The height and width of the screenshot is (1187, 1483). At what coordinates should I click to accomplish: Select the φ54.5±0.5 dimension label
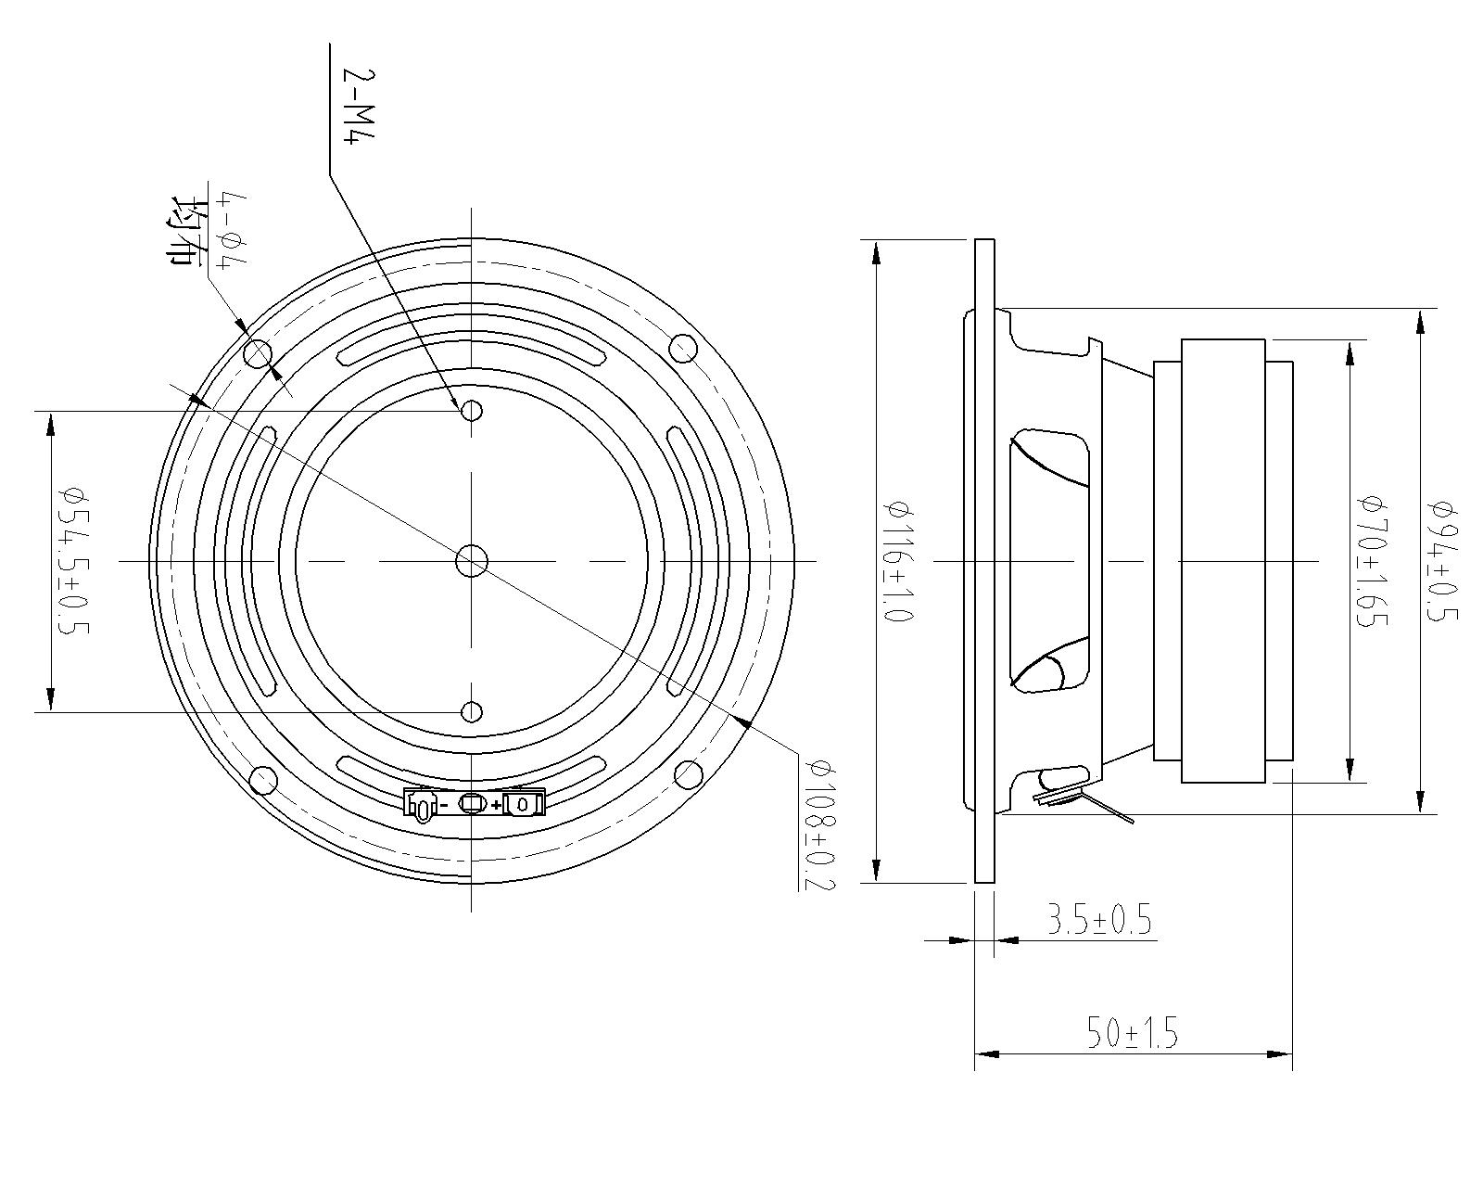72,560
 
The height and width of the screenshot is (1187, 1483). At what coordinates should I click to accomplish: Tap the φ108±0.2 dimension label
819,824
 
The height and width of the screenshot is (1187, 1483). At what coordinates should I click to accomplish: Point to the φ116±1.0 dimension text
897,560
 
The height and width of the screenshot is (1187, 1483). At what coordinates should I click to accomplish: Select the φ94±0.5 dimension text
1444,560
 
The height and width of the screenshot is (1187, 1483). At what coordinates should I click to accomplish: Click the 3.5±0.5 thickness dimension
1098,921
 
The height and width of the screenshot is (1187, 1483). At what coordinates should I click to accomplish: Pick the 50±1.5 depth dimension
1132,1033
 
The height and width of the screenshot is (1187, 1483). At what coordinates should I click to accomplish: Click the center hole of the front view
472,560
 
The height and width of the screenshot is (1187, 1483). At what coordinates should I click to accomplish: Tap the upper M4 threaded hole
472,410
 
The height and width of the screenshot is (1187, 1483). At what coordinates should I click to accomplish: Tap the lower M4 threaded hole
472,712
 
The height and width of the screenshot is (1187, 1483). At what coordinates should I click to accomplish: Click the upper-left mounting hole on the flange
258,353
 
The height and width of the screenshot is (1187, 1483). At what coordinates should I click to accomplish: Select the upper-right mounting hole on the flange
683,350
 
